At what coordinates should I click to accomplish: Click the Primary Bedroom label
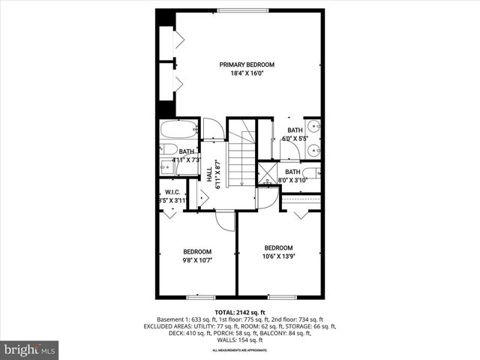[247, 64]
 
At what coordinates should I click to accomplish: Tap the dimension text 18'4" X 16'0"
[247, 74]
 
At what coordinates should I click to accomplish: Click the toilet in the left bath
[167, 148]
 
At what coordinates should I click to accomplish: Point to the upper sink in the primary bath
[316, 127]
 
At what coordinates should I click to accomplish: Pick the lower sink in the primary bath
[316, 151]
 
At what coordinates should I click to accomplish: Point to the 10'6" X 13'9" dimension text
[277, 257]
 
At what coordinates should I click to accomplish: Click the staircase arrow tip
[242, 184]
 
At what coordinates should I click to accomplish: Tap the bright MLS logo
[29, 349]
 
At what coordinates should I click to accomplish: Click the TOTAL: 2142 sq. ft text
[240, 311]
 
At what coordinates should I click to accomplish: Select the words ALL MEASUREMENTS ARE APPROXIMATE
[240, 350]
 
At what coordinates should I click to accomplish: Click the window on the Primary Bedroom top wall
[240, 10]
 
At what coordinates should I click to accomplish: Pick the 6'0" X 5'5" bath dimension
[294, 139]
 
